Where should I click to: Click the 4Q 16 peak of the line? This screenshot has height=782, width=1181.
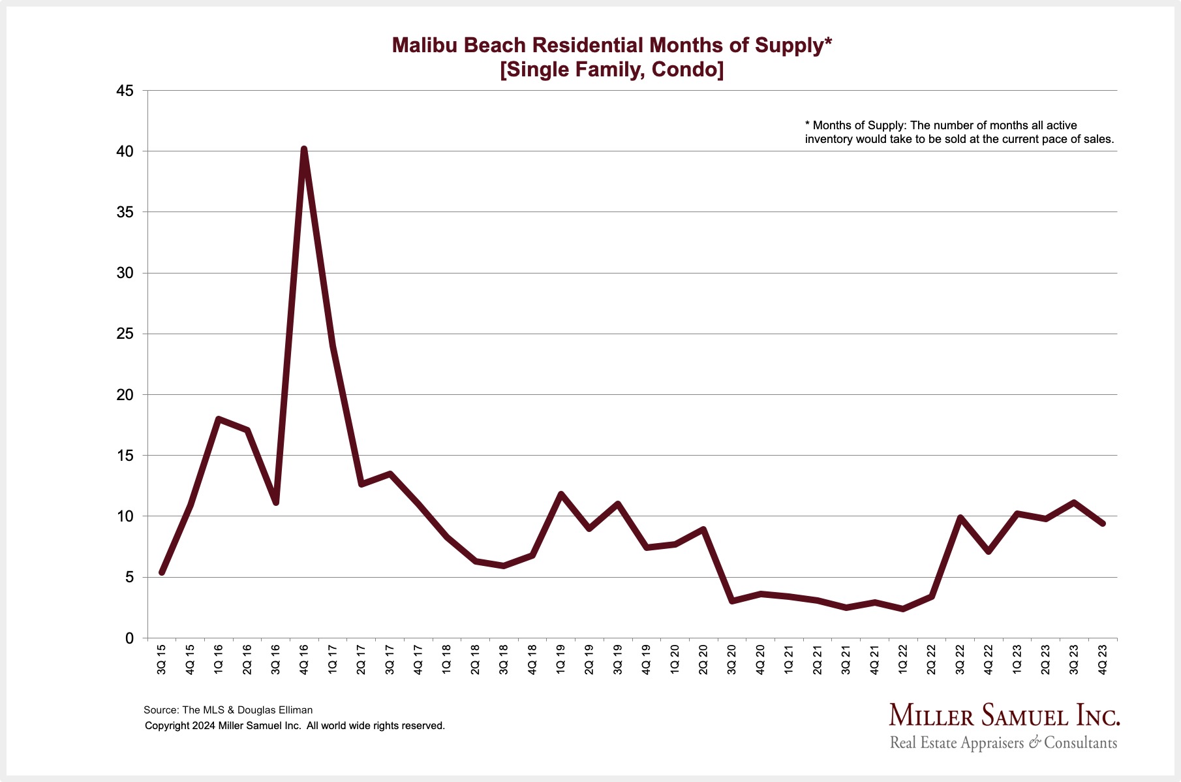(304, 149)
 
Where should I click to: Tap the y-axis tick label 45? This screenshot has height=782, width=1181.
(125, 91)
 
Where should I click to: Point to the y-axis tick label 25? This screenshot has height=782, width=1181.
(125, 334)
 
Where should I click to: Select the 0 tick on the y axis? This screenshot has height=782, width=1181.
(129, 638)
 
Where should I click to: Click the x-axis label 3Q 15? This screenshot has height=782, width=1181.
(162, 659)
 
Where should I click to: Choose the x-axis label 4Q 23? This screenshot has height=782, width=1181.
(1103, 659)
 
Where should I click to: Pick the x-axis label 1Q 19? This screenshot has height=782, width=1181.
(560, 659)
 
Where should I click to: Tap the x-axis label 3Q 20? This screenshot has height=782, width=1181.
(731, 659)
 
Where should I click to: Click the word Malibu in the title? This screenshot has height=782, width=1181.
(426, 45)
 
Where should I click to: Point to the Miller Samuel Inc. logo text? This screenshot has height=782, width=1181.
(1004, 715)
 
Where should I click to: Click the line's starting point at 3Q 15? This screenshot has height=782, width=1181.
(162, 572)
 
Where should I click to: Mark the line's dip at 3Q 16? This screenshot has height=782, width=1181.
(276, 503)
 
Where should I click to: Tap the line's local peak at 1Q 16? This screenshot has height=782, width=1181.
(219, 419)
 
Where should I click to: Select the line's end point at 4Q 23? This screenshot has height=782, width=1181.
(1103, 524)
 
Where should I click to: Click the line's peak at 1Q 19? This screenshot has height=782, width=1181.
(560, 494)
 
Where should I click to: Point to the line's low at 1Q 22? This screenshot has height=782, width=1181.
(903, 609)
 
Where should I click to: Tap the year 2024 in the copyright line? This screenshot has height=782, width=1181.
(204, 726)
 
